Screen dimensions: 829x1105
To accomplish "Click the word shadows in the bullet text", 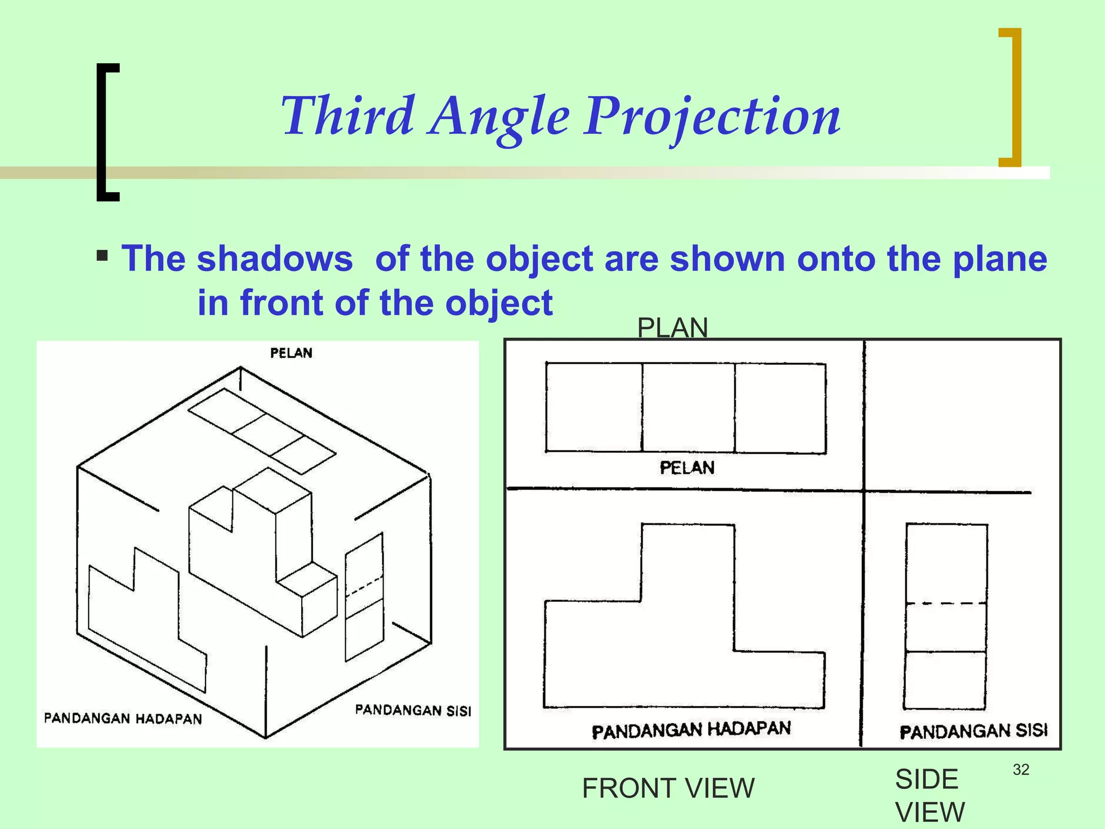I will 275,259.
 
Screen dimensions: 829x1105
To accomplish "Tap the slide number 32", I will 1021,770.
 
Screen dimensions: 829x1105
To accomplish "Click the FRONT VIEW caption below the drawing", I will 668,789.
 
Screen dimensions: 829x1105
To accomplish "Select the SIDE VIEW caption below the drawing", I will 929,795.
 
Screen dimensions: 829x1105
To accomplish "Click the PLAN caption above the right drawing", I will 672,328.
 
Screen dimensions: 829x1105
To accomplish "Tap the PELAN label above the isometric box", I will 291,353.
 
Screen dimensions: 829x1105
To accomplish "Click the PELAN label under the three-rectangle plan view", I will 687,467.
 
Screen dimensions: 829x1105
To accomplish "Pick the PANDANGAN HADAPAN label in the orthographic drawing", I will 691,730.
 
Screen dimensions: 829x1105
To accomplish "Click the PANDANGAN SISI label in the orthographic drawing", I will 973,731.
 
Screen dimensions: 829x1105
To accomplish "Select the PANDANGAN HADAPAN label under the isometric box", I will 123,718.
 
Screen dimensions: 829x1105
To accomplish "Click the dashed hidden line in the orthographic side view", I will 946,603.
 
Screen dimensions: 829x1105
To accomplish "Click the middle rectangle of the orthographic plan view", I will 688,407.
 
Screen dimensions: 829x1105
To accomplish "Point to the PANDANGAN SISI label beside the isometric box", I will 413,710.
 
